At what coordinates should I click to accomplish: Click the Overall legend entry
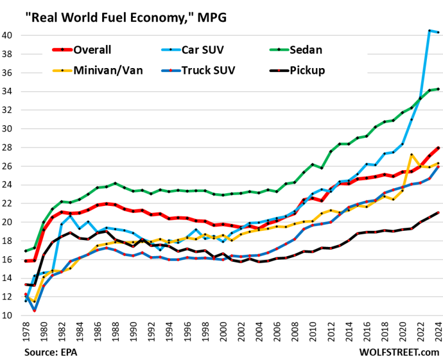point(88,50)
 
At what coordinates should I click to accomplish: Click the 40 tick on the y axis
point(13,35)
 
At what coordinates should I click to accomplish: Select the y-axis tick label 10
point(13,316)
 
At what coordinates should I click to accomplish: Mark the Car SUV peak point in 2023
point(430,31)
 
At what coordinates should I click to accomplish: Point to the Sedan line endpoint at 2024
point(438,89)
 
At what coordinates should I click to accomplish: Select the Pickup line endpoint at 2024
point(438,213)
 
